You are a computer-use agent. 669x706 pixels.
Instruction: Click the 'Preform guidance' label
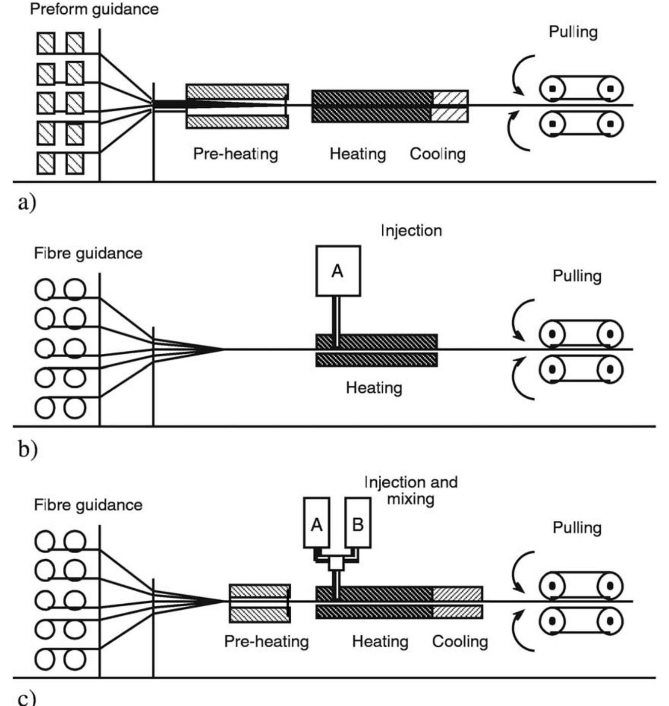(94, 9)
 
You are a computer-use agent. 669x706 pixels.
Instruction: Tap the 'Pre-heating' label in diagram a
(236, 154)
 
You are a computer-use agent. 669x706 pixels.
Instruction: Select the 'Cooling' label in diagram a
(437, 154)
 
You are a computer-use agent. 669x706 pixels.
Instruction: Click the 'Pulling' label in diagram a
(573, 32)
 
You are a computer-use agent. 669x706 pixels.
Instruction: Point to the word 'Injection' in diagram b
(411, 231)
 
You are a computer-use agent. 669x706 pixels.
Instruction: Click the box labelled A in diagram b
(338, 271)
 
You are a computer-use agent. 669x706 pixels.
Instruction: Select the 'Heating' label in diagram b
(374, 388)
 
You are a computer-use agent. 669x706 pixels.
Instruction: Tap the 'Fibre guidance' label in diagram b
(88, 253)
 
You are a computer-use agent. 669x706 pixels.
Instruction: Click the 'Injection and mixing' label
(411, 490)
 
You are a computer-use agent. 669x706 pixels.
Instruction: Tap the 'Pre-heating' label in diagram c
(266, 642)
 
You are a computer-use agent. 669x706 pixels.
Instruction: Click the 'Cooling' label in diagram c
(460, 642)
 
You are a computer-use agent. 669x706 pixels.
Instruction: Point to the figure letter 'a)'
(27, 202)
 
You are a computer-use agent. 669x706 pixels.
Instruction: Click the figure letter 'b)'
(27, 448)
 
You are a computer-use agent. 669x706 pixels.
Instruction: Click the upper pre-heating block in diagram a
(237, 92)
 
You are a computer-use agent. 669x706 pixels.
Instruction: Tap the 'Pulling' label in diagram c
(577, 528)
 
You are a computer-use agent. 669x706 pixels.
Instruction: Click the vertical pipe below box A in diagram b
(336, 315)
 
